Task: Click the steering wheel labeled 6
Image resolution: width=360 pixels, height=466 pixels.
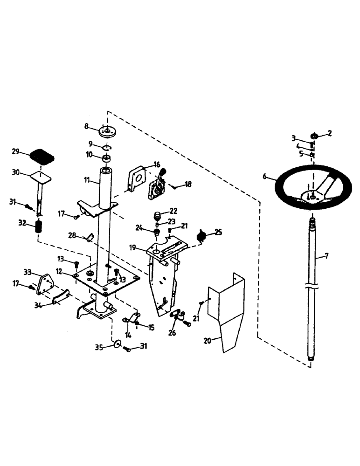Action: point(282,184)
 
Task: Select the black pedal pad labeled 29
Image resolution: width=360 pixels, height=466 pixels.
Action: point(42,156)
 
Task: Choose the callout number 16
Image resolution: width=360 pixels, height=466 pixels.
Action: point(157,164)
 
